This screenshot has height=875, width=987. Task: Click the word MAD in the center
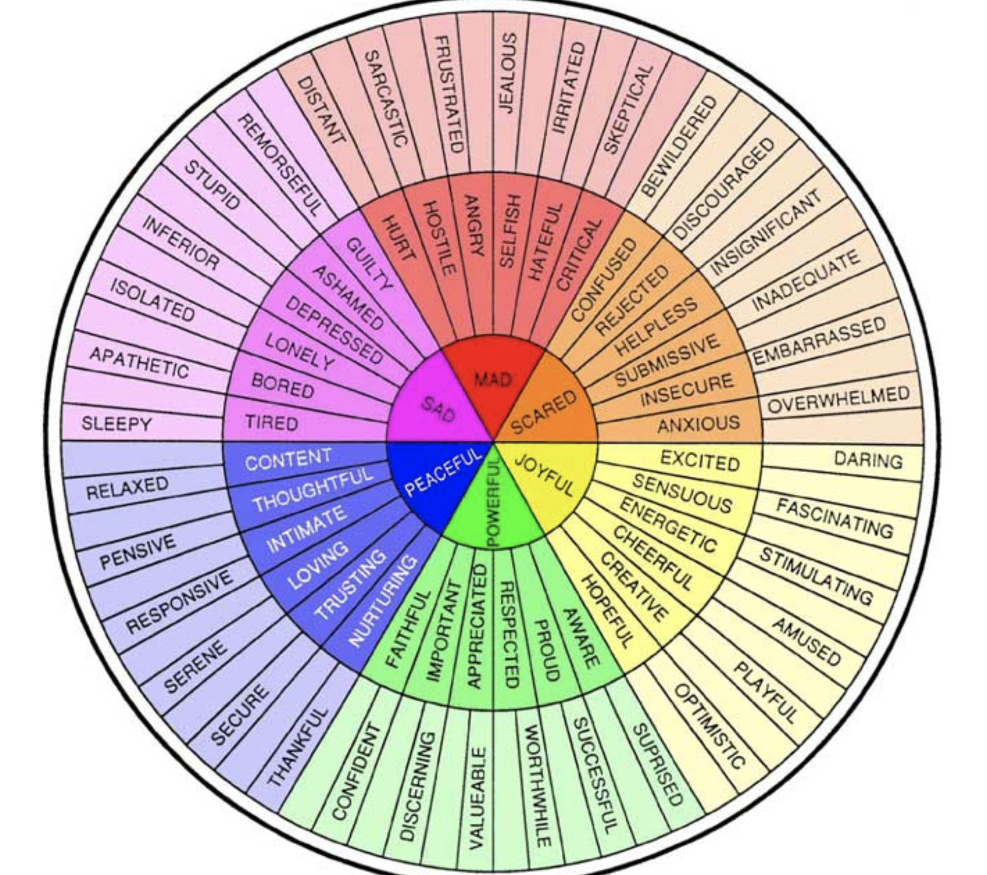(493, 380)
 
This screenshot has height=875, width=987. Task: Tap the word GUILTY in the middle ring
(370, 264)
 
